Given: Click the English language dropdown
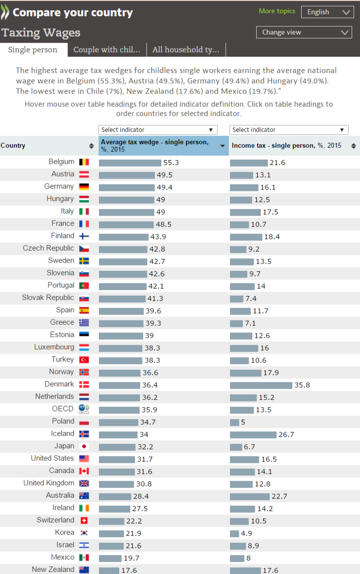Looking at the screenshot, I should click(327, 12).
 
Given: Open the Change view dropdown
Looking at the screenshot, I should click(304, 32).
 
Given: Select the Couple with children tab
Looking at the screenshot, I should click(107, 49).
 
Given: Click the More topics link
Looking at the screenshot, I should click(277, 11).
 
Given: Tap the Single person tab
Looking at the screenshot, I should click(33, 49).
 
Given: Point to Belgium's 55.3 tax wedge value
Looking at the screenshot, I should click(171, 163).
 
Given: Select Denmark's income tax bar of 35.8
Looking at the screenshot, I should click(261, 385).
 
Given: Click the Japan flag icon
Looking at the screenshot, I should click(84, 446).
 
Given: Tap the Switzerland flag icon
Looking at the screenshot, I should click(84, 520).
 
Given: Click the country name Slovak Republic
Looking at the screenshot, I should click(48, 298).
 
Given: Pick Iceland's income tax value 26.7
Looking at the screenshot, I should click(286, 435).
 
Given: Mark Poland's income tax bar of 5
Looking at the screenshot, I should click(234, 422).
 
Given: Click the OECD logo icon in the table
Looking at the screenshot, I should click(84, 409).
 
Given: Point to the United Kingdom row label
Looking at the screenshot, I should click(49, 483).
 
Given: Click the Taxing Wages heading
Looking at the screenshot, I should click(41, 33).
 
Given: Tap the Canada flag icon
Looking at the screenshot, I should click(84, 471).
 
